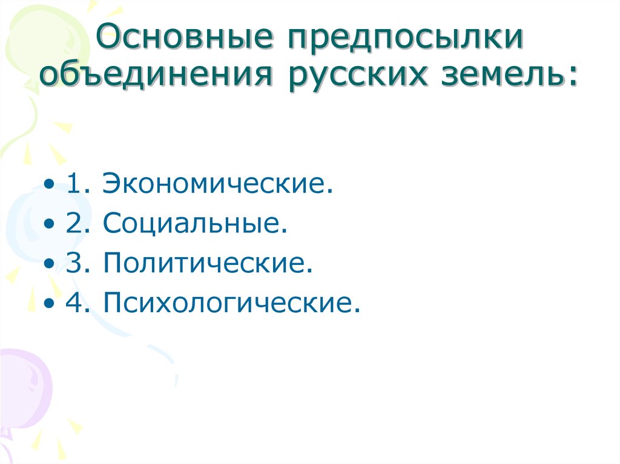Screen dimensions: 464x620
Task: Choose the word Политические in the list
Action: (208, 263)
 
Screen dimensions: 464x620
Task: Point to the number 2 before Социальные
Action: (75, 224)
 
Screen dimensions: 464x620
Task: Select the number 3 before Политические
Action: (75, 263)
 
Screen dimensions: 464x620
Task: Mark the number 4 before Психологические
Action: (75, 302)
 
